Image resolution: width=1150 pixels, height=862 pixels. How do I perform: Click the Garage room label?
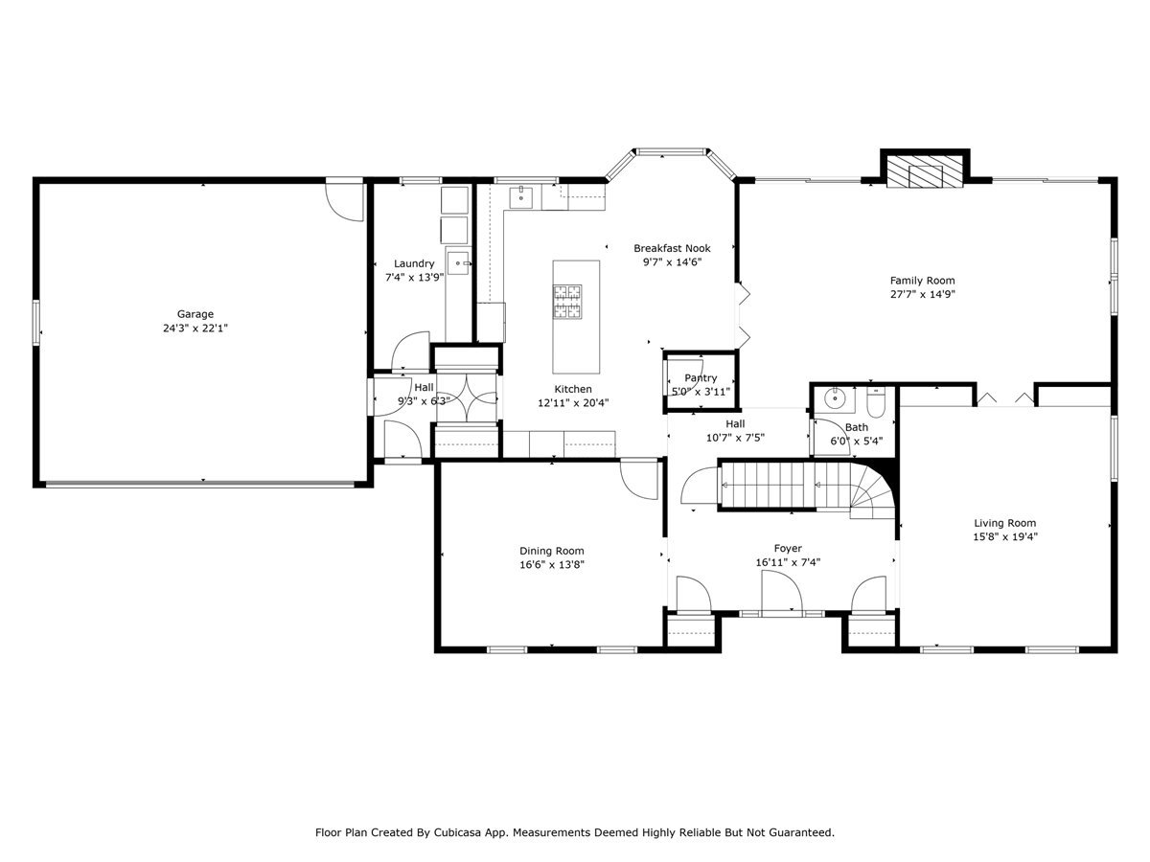pyautogui.click(x=195, y=314)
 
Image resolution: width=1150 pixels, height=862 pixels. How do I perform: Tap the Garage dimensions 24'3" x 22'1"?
pyautogui.click(x=195, y=328)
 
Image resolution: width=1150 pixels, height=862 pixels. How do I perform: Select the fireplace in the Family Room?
pyautogui.click(x=924, y=173)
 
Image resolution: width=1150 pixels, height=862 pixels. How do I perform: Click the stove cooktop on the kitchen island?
pyautogui.click(x=565, y=301)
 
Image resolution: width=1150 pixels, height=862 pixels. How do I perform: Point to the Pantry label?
pyautogui.click(x=701, y=378)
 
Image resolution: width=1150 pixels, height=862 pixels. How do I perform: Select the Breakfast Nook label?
pyautogui.click(x=672, y=248)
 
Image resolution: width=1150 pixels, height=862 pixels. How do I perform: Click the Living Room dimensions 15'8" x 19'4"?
pyautogui.click(x=1004, y=536)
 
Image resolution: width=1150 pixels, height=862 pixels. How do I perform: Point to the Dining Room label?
pyautogui.click(x=551, y=551)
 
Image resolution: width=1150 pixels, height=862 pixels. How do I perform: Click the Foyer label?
pyautogui.click(x=788, y=549)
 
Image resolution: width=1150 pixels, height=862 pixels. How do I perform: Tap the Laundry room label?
pyautogui.click(x=414, y=263)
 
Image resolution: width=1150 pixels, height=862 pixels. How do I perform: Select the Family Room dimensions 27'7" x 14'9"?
pyautogui.click(x=922, y=294)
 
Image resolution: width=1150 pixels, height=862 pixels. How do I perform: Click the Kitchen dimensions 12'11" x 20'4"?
pyautogui.click(x=573, y=402)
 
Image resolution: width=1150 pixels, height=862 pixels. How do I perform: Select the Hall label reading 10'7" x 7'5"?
pyautogui.click(x=735, y=437)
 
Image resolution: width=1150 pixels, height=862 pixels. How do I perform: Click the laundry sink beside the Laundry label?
pyautogui.click(x=458, y=261)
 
